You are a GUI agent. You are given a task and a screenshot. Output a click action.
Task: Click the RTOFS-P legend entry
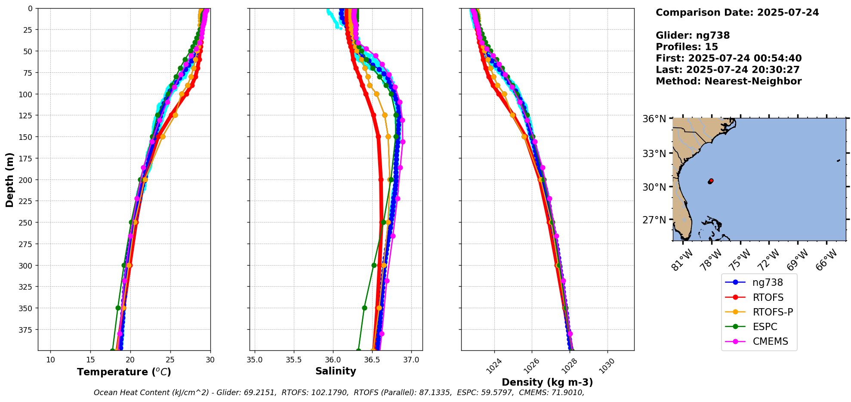click(772, 312)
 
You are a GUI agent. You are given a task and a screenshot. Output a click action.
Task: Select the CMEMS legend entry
click(770, 341)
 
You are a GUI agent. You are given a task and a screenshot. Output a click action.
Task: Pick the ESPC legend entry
click(765, 327)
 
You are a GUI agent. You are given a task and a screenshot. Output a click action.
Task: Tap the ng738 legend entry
click(768, 283)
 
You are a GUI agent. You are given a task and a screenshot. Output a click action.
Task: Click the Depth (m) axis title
click(9, 179)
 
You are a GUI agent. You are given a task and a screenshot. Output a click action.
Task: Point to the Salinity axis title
click(336, 371)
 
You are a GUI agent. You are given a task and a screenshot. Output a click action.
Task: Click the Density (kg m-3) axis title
click(547, 382)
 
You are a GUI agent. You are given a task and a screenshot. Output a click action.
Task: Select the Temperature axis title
click(124, 372)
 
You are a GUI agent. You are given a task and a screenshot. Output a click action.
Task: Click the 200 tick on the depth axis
click(26, 180)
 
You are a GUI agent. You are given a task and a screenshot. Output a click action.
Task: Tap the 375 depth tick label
click(26, 330)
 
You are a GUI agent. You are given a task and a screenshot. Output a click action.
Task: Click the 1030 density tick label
click(607, 366)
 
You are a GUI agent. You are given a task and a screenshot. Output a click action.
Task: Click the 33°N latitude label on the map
click(654, 154)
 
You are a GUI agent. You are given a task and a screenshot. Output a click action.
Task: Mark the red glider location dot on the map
click(711, 181)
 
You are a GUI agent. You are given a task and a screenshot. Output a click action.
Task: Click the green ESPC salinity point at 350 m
click(364, 308)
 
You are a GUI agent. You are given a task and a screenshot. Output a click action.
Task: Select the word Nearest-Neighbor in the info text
click(753, 81)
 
